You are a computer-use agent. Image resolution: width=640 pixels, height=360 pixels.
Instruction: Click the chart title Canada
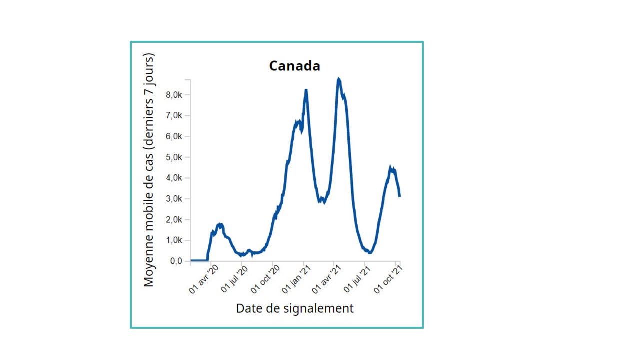point(294,66)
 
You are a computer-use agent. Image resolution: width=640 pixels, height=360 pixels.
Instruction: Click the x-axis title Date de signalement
point(294,308)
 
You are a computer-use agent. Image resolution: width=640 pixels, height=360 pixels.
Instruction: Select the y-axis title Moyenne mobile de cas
point(149,170)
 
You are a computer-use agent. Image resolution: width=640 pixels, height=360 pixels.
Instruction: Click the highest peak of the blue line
point(338,79)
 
